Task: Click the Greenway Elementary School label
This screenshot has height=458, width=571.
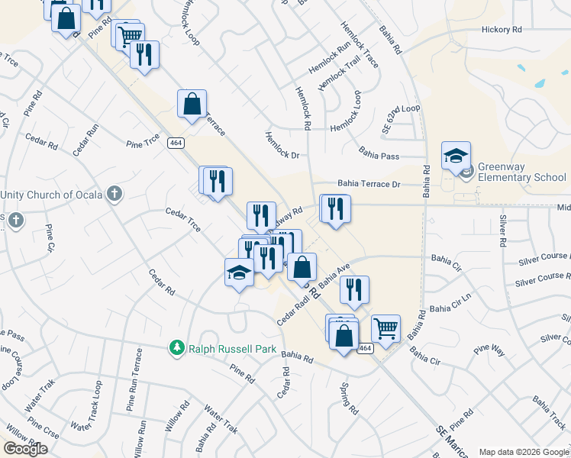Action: tap(522, 172)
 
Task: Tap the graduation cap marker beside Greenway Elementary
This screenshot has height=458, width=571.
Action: tap(456, 156)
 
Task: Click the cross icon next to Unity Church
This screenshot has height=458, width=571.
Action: tap(115, 194)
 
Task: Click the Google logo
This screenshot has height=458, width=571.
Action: tap(24, 449)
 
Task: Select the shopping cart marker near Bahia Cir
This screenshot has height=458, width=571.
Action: tap(386, 329)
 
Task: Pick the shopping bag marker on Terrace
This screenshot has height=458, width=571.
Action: tap(192, 104)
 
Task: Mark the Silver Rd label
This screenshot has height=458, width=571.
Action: tap(502, 231)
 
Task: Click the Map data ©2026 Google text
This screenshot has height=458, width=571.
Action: tap(523, 451)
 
